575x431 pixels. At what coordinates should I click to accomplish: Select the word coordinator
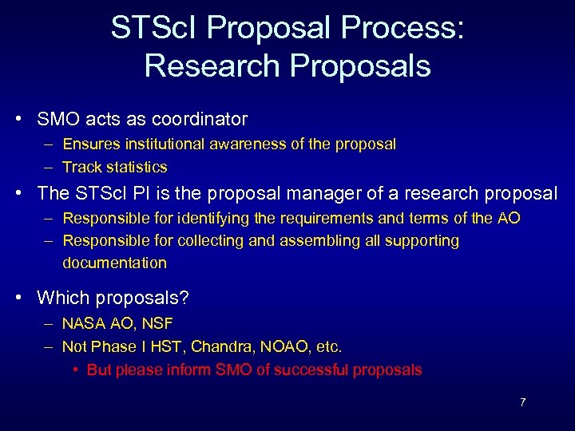204,120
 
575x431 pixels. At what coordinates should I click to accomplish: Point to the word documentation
114,263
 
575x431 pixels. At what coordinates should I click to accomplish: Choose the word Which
64,298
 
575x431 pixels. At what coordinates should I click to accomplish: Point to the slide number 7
522,402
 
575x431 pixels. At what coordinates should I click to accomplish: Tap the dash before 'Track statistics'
50,167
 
